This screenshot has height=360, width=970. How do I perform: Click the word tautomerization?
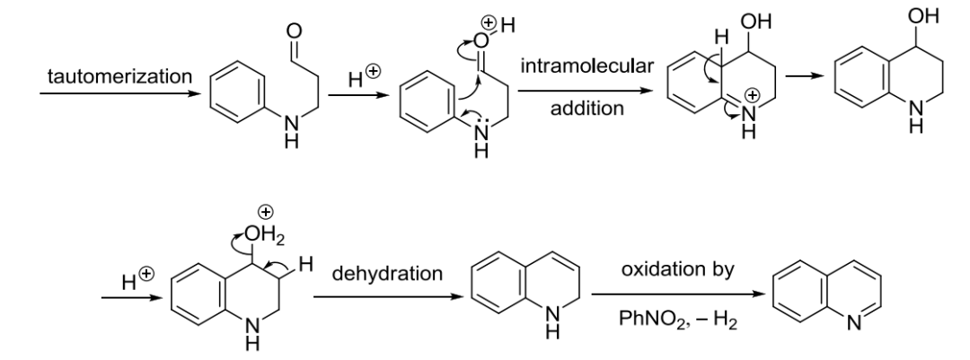pos(119,76)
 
